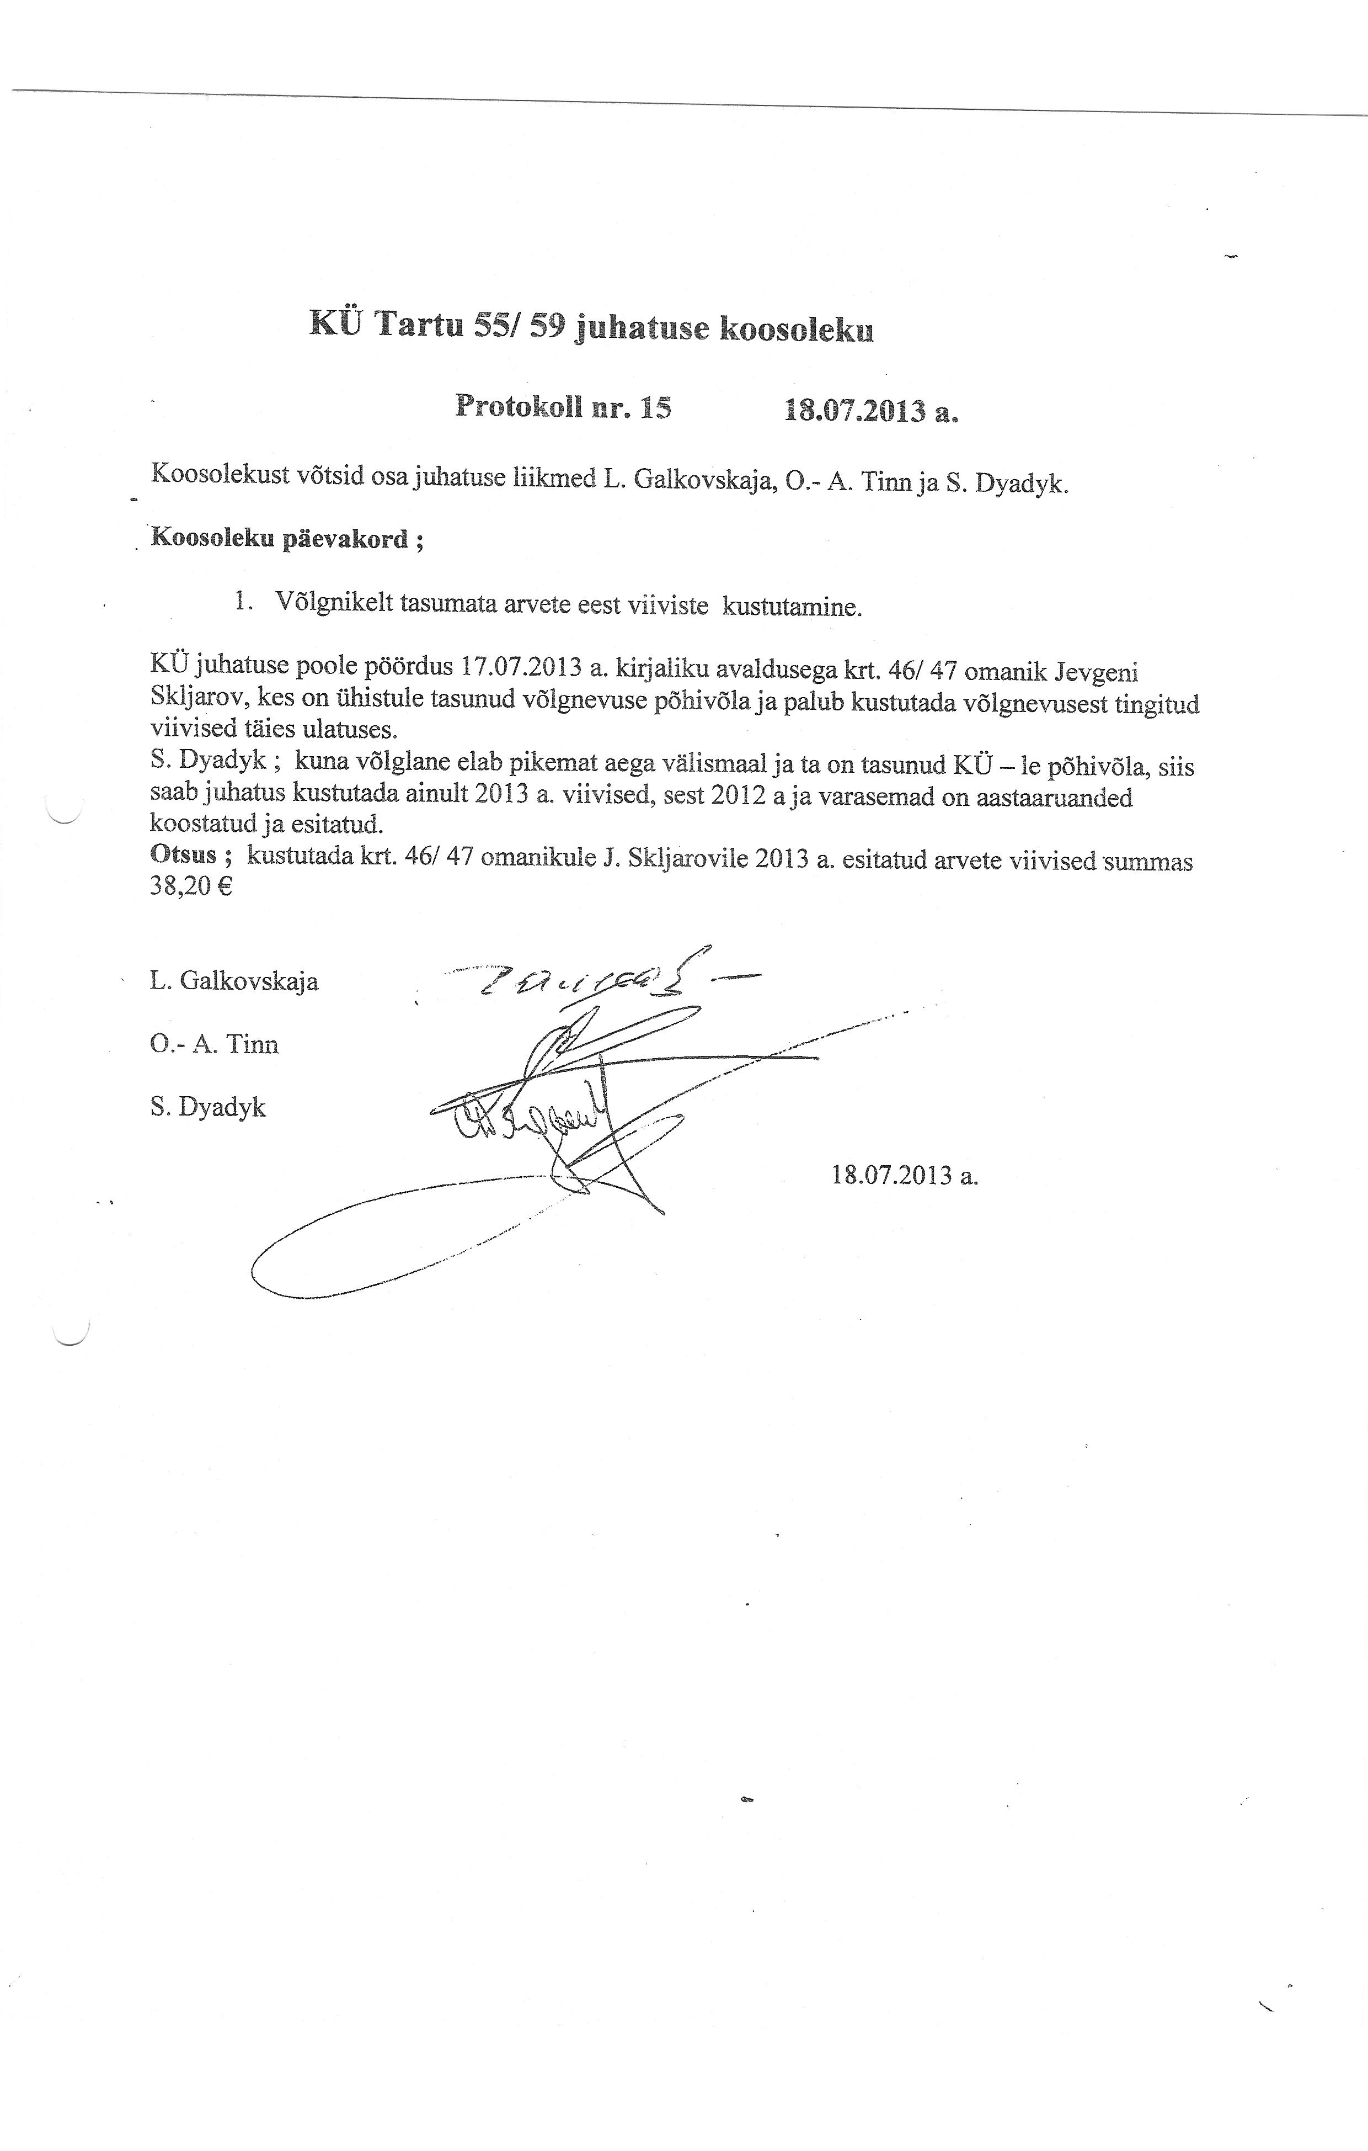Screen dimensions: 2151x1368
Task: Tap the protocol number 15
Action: pos(655,408)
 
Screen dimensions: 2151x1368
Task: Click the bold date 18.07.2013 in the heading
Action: pos(854,411)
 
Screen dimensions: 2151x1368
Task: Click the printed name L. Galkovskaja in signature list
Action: pos(234,981)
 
